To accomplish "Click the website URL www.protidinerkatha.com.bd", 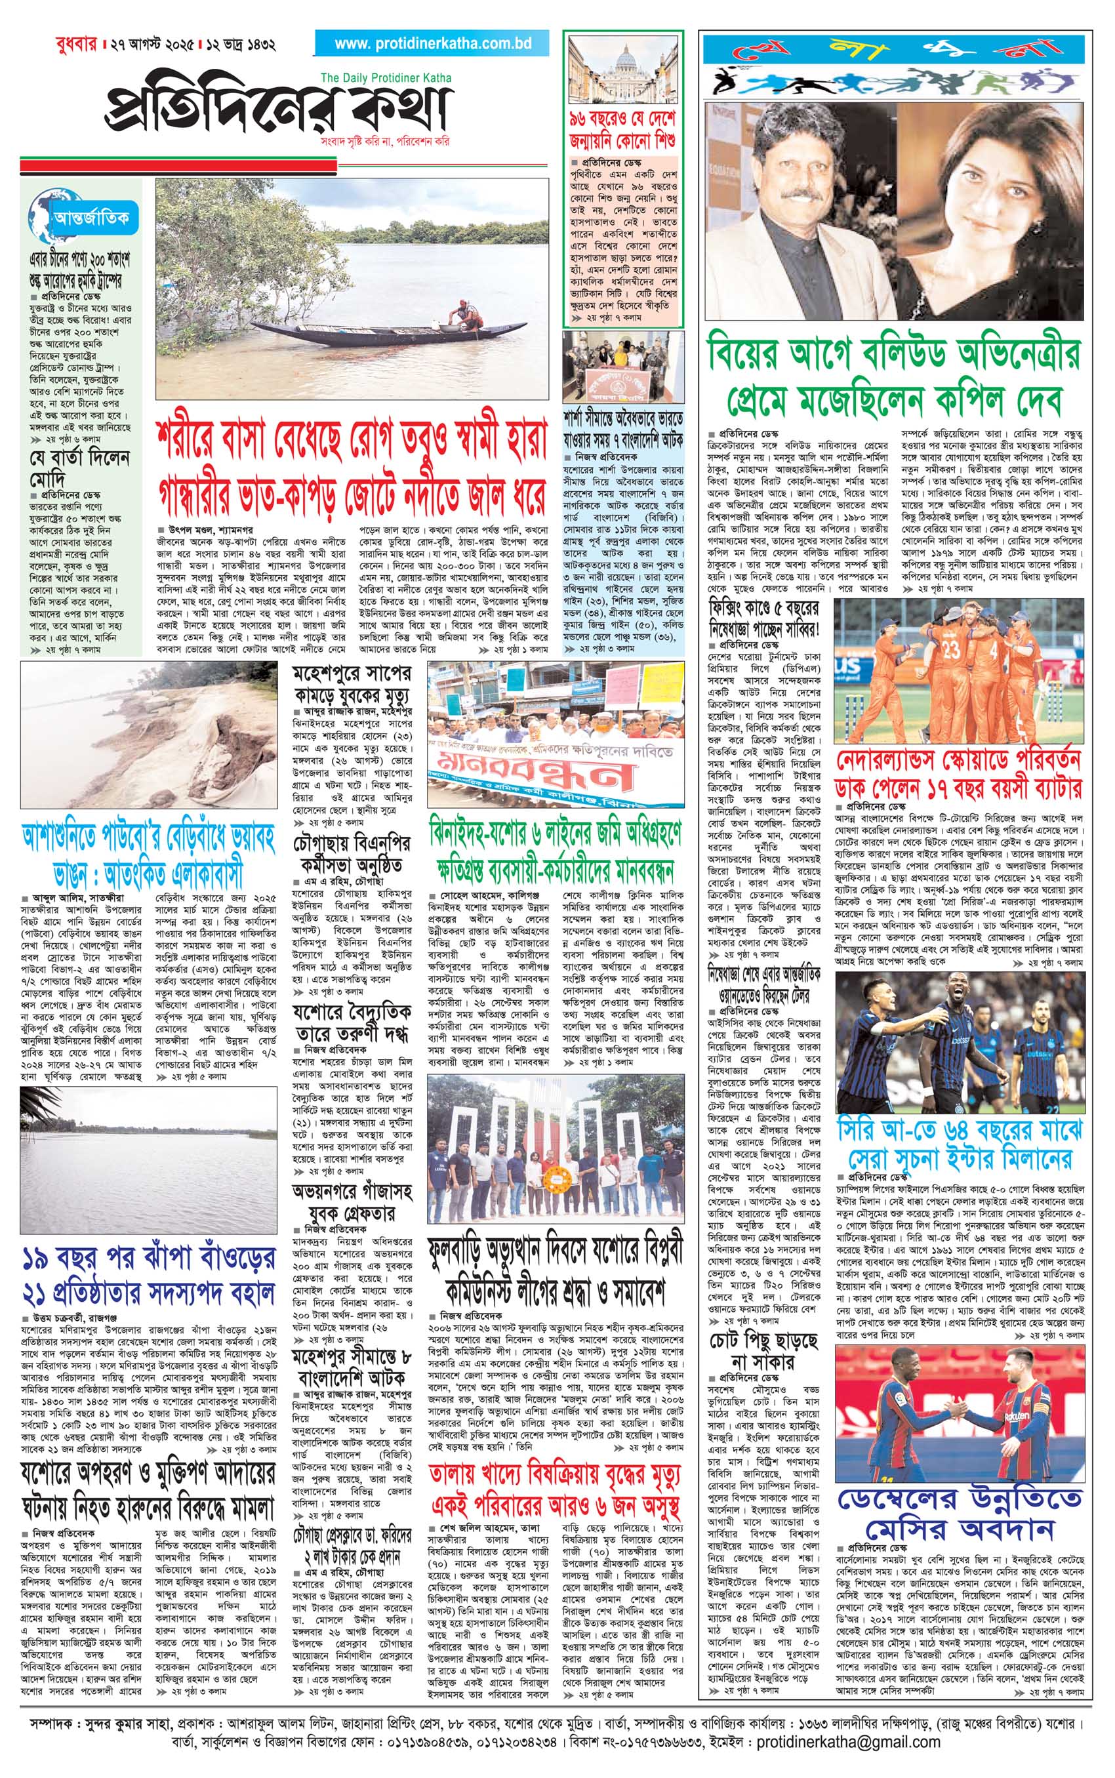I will (x=433, y=43).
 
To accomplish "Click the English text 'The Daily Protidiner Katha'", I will (x=386, y=78).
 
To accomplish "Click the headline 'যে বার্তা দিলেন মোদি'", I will (x=79, y=468).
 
